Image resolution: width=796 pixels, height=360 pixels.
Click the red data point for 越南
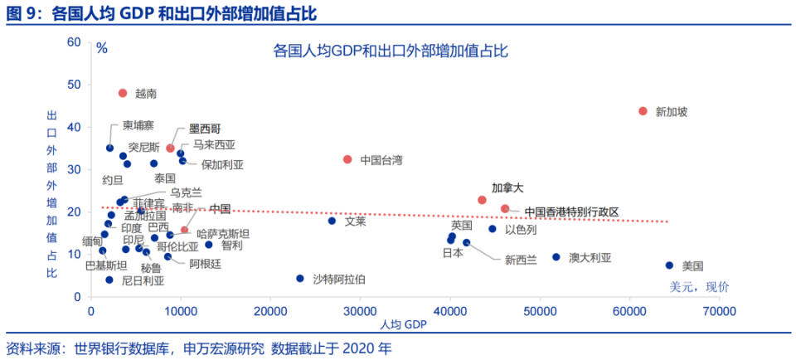pos(123,93)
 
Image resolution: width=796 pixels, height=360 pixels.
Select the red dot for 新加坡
pos(643,111)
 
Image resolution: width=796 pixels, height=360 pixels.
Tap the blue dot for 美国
pos(669,265)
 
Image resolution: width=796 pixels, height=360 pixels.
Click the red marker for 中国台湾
pos(347,159)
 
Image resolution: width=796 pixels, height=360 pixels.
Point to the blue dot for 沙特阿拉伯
pos(300,279)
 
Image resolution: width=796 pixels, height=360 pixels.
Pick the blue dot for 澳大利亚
pos(556,257)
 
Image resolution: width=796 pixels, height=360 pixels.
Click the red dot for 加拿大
pos(482,200)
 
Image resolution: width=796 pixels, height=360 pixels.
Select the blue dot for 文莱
pos(332,221)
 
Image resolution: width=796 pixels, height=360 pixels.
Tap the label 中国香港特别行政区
pos(571,212)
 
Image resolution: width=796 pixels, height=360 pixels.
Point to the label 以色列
pos(521,230)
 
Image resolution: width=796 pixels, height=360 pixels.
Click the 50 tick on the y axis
pos(75,85)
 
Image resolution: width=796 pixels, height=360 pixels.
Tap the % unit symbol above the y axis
pos(102,48)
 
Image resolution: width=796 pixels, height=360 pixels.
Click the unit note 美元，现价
pos(699,287)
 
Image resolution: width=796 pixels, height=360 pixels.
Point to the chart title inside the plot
pos(390,51)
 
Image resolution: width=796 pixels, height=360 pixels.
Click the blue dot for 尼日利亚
pos(109,280)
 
